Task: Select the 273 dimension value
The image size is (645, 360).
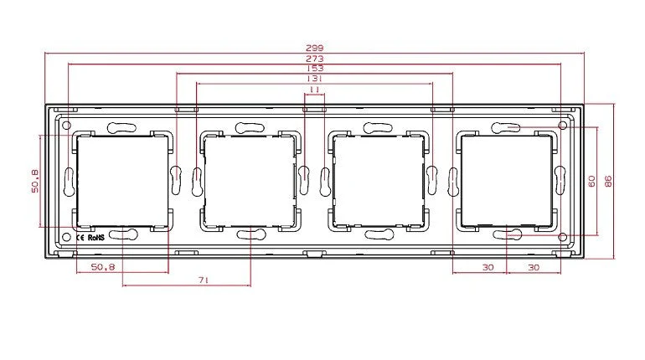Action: [x=315, y=59]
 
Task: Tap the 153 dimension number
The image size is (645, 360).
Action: [x=315, y=69]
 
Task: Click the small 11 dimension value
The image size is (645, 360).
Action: [x=315, y=89]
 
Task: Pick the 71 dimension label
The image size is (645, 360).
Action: [x=204, y=281]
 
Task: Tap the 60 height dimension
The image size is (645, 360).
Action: [x=591, y=181]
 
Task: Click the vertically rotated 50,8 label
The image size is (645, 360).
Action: [x=34, y=181]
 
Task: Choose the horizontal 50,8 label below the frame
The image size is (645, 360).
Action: [x=103, y=267]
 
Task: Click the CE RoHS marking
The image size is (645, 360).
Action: [x=90, y=236]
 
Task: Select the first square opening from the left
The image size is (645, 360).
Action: [x=121, y=180]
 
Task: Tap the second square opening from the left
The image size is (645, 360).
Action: [x=250, y=180]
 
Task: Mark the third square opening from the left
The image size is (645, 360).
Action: [x=379, y=180]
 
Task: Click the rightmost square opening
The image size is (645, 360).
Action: [x=508, y=180]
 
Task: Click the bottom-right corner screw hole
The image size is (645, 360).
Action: [x=562, y=238]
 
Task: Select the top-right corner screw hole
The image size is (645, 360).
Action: [x=562, y=122]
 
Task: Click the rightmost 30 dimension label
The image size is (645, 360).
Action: [x=533, y=267]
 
